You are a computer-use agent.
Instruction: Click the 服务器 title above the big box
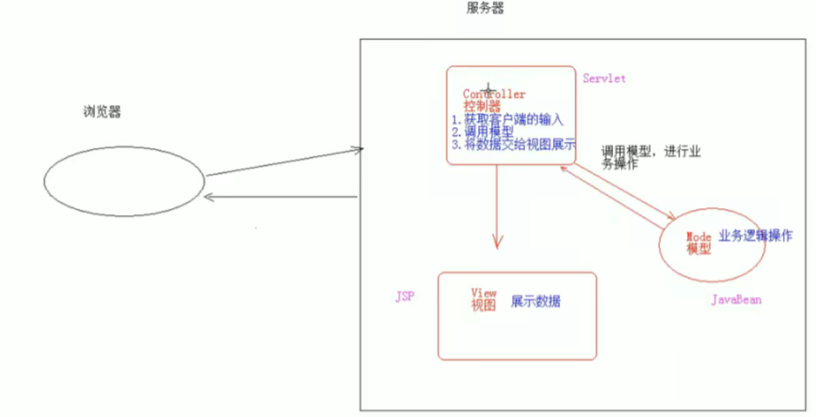pyautogui.click(x=485, y=9)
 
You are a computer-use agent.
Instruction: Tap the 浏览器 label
pyautogui.click(x=102, y=112)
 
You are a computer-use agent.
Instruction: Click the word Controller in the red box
pyautogui.click(x=494, y=94)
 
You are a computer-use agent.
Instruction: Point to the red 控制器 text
pyautogui.click(x=482, y=106)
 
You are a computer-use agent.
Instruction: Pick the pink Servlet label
pyautogui.click(x=604, y=78)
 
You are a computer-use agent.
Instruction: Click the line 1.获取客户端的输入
pyautogui.click(x=508, y=119)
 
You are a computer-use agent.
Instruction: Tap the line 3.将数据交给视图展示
pyautogui.click(x=513, y=145)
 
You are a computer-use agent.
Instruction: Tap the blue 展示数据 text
pyautogui.click(x=536, y=301)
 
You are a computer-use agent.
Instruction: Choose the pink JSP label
pyautogui.click(x=405, y=297)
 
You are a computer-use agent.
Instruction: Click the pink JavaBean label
pyautogui.click(x=737, y=299)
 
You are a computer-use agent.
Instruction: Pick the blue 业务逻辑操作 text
pyautogui.click(x=755, y=236)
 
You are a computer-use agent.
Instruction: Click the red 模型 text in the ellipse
pyautogui.click(x=698, y=249)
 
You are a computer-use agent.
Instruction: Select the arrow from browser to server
pyautogui.click(x=283, y=162)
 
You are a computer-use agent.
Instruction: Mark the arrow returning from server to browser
pyautogui.click(x=283, y=197)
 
